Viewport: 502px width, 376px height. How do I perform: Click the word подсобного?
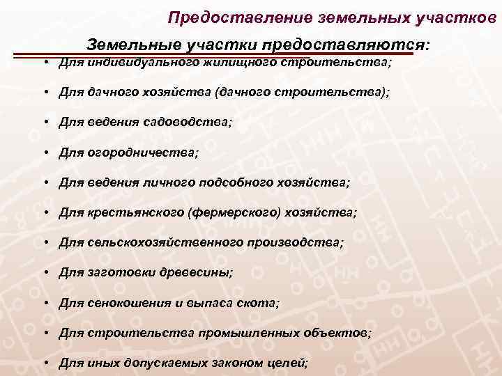[x=250, y=182]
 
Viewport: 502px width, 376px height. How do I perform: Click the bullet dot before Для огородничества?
[x=44, y=152]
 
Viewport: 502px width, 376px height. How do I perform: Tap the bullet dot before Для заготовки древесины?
[x=44, y=273]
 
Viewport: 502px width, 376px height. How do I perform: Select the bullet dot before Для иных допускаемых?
[x=44, y=363]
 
